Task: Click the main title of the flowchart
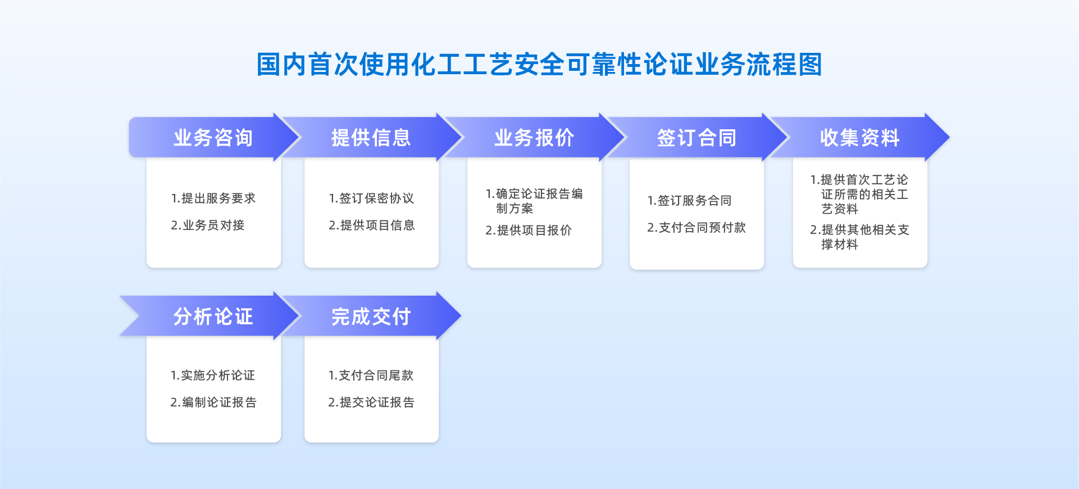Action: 539,64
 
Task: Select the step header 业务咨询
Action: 213,138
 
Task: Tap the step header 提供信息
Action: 371,138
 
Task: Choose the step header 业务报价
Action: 534,138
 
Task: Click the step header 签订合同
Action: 696,138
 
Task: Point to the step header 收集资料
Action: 860,138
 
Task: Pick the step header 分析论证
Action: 213,316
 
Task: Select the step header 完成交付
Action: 371,316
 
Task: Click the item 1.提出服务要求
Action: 213,198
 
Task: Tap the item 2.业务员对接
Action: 208,225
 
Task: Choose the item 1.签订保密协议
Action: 371,198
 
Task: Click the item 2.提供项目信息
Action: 372,225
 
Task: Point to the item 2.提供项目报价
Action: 529,230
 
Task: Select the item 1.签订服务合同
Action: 689,201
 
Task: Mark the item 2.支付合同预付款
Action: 696,228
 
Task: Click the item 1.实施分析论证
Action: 213,375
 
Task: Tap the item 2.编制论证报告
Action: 213,402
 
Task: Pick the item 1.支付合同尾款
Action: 371,375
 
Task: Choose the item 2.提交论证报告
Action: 371,402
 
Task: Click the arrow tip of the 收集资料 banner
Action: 949,137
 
